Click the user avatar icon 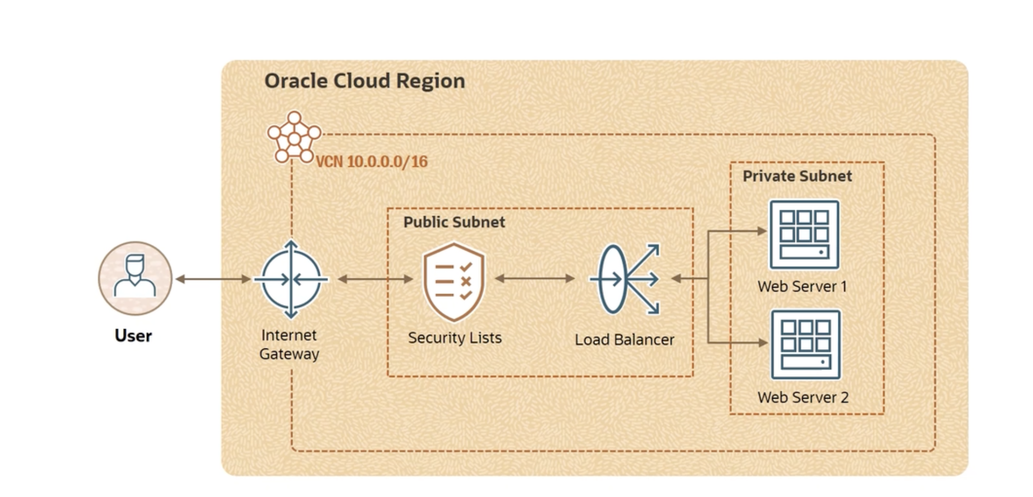click(x=135, y=278)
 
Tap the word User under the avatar click(x=133, y=335)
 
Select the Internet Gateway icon click(x=291, y=279)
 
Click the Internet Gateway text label click(x=289, y=344)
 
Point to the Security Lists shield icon click(x=454, y=281)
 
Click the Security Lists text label click(x=455, y=338)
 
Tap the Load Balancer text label click(x=624, y=340)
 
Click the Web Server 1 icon click(x=804, y=234)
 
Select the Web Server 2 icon click(x=805, y=344)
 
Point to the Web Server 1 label click(x=802, y=287)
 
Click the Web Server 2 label click(x=803, y=398)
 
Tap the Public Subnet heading click(x=454, y=222)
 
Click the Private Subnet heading click(x=797, y=176)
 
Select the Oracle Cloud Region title click(x=364, y=81)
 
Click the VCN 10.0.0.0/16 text click(x=372, y=162)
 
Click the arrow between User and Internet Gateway click(x=213, y=279)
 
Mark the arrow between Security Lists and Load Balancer click(x=535, y=278)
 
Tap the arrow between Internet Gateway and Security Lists click(x=375, y=279)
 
